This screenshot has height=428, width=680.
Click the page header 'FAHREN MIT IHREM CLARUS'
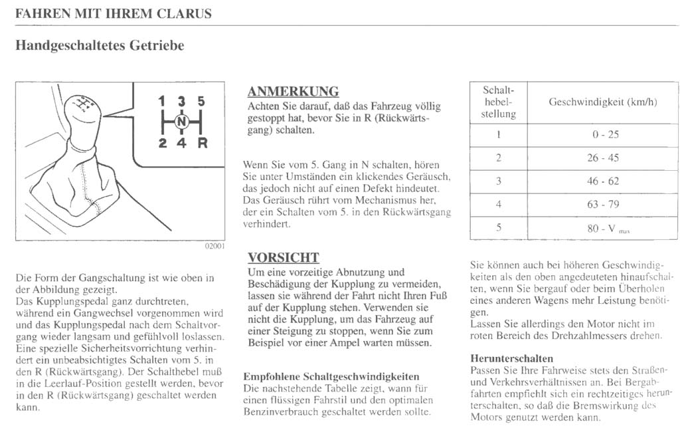(114, 13)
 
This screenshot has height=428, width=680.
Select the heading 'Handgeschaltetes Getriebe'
(99, 45)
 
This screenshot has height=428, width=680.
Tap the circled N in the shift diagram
(182, 121)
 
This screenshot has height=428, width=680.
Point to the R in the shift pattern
(203, 142)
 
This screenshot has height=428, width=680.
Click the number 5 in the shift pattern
(201, 102)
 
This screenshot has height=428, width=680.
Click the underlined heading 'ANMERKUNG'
(293, 92)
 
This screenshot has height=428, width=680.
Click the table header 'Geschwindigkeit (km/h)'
(602, 102)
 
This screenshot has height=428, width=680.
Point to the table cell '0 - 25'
(605, 134)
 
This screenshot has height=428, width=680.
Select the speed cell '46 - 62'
(603, 181)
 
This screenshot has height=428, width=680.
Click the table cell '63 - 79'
(603, 204)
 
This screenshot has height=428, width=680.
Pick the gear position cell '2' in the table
(498, 158)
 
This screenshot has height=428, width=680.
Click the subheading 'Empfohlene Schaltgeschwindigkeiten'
(331, 376)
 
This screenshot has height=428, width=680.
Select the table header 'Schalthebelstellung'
(498, 102)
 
